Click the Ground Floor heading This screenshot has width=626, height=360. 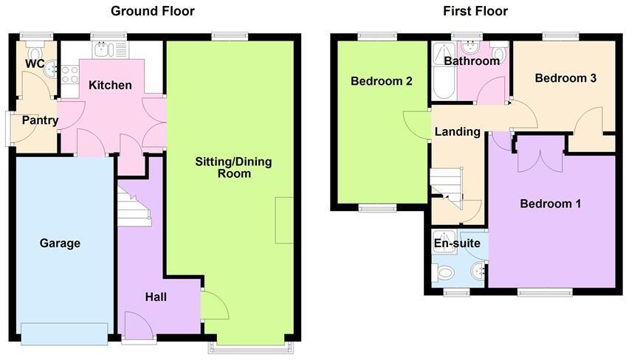tap(152, 11)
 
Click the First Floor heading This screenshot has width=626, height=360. tap(475, 11)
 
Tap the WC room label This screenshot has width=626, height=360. tap(35, 64)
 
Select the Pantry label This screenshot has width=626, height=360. tap(40, 120)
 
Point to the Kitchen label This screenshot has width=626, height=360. tap(110, 86)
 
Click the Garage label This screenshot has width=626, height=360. tap(60, 243)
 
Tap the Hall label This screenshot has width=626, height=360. tap(156, 297)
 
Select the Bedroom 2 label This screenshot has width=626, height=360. tap(381, 81)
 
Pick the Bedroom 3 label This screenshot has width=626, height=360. tap(565, 78)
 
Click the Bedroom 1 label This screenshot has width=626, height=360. tap(550, 204)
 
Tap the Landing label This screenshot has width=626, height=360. tap(457, 132)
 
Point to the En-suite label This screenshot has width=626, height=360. tap(457, 243)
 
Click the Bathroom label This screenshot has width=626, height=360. tap(477, 61)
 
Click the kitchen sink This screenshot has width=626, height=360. tap(102, 50)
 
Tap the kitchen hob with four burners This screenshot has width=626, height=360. tap(70, 74)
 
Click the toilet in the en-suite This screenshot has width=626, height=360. tap(446, 274)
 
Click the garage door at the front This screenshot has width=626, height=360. tap(64, 334)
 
